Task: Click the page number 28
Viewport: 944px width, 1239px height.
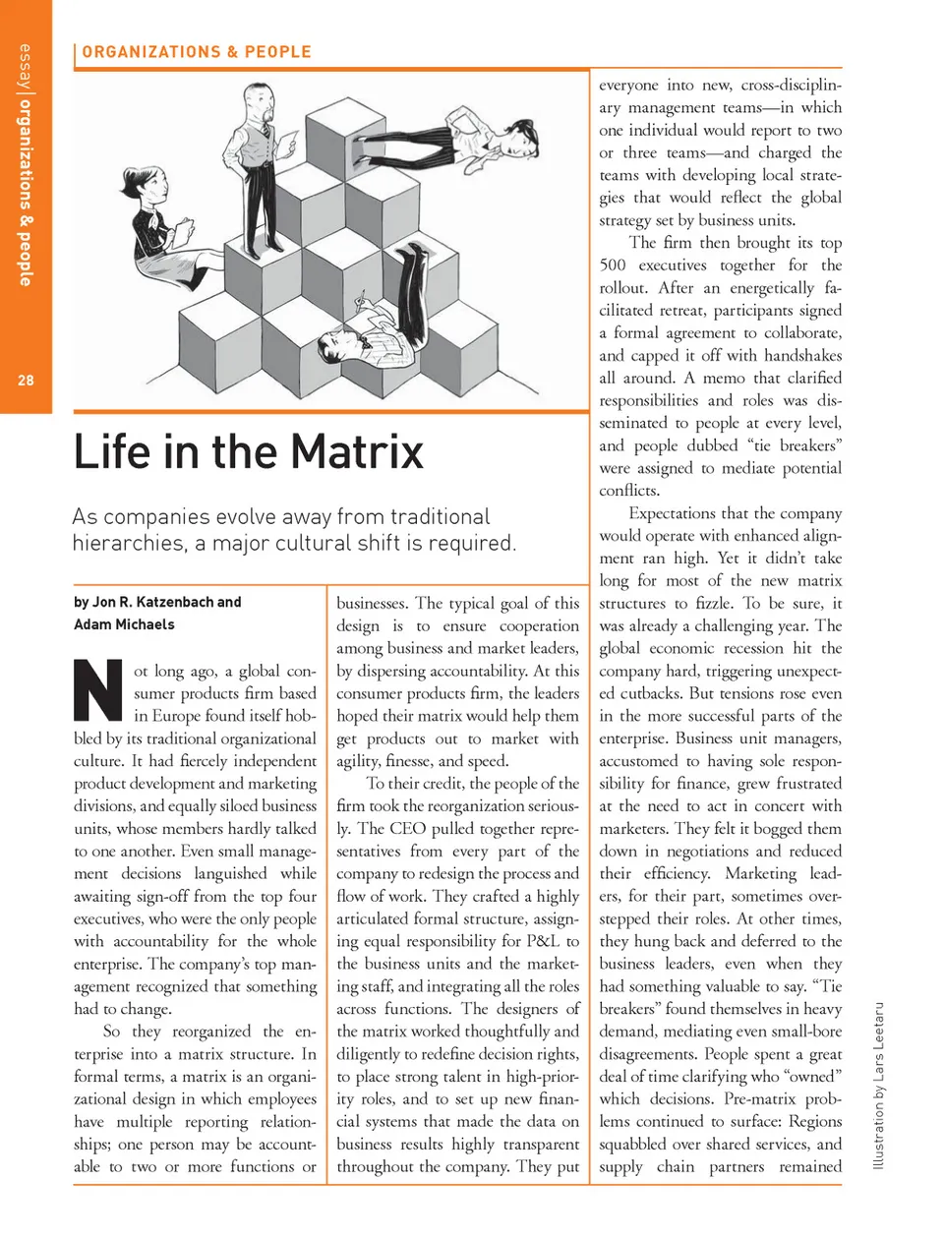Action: pos(26,381)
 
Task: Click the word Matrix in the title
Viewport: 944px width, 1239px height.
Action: pos(357,452)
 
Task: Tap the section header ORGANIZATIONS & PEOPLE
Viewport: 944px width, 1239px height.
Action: pos(197,52)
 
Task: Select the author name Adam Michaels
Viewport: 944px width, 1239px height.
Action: pos(124,624)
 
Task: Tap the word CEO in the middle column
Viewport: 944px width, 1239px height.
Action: pos(407,829)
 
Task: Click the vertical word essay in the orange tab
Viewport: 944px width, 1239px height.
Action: pos(26,68)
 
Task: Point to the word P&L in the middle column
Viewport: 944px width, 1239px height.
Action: pos(542,941)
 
